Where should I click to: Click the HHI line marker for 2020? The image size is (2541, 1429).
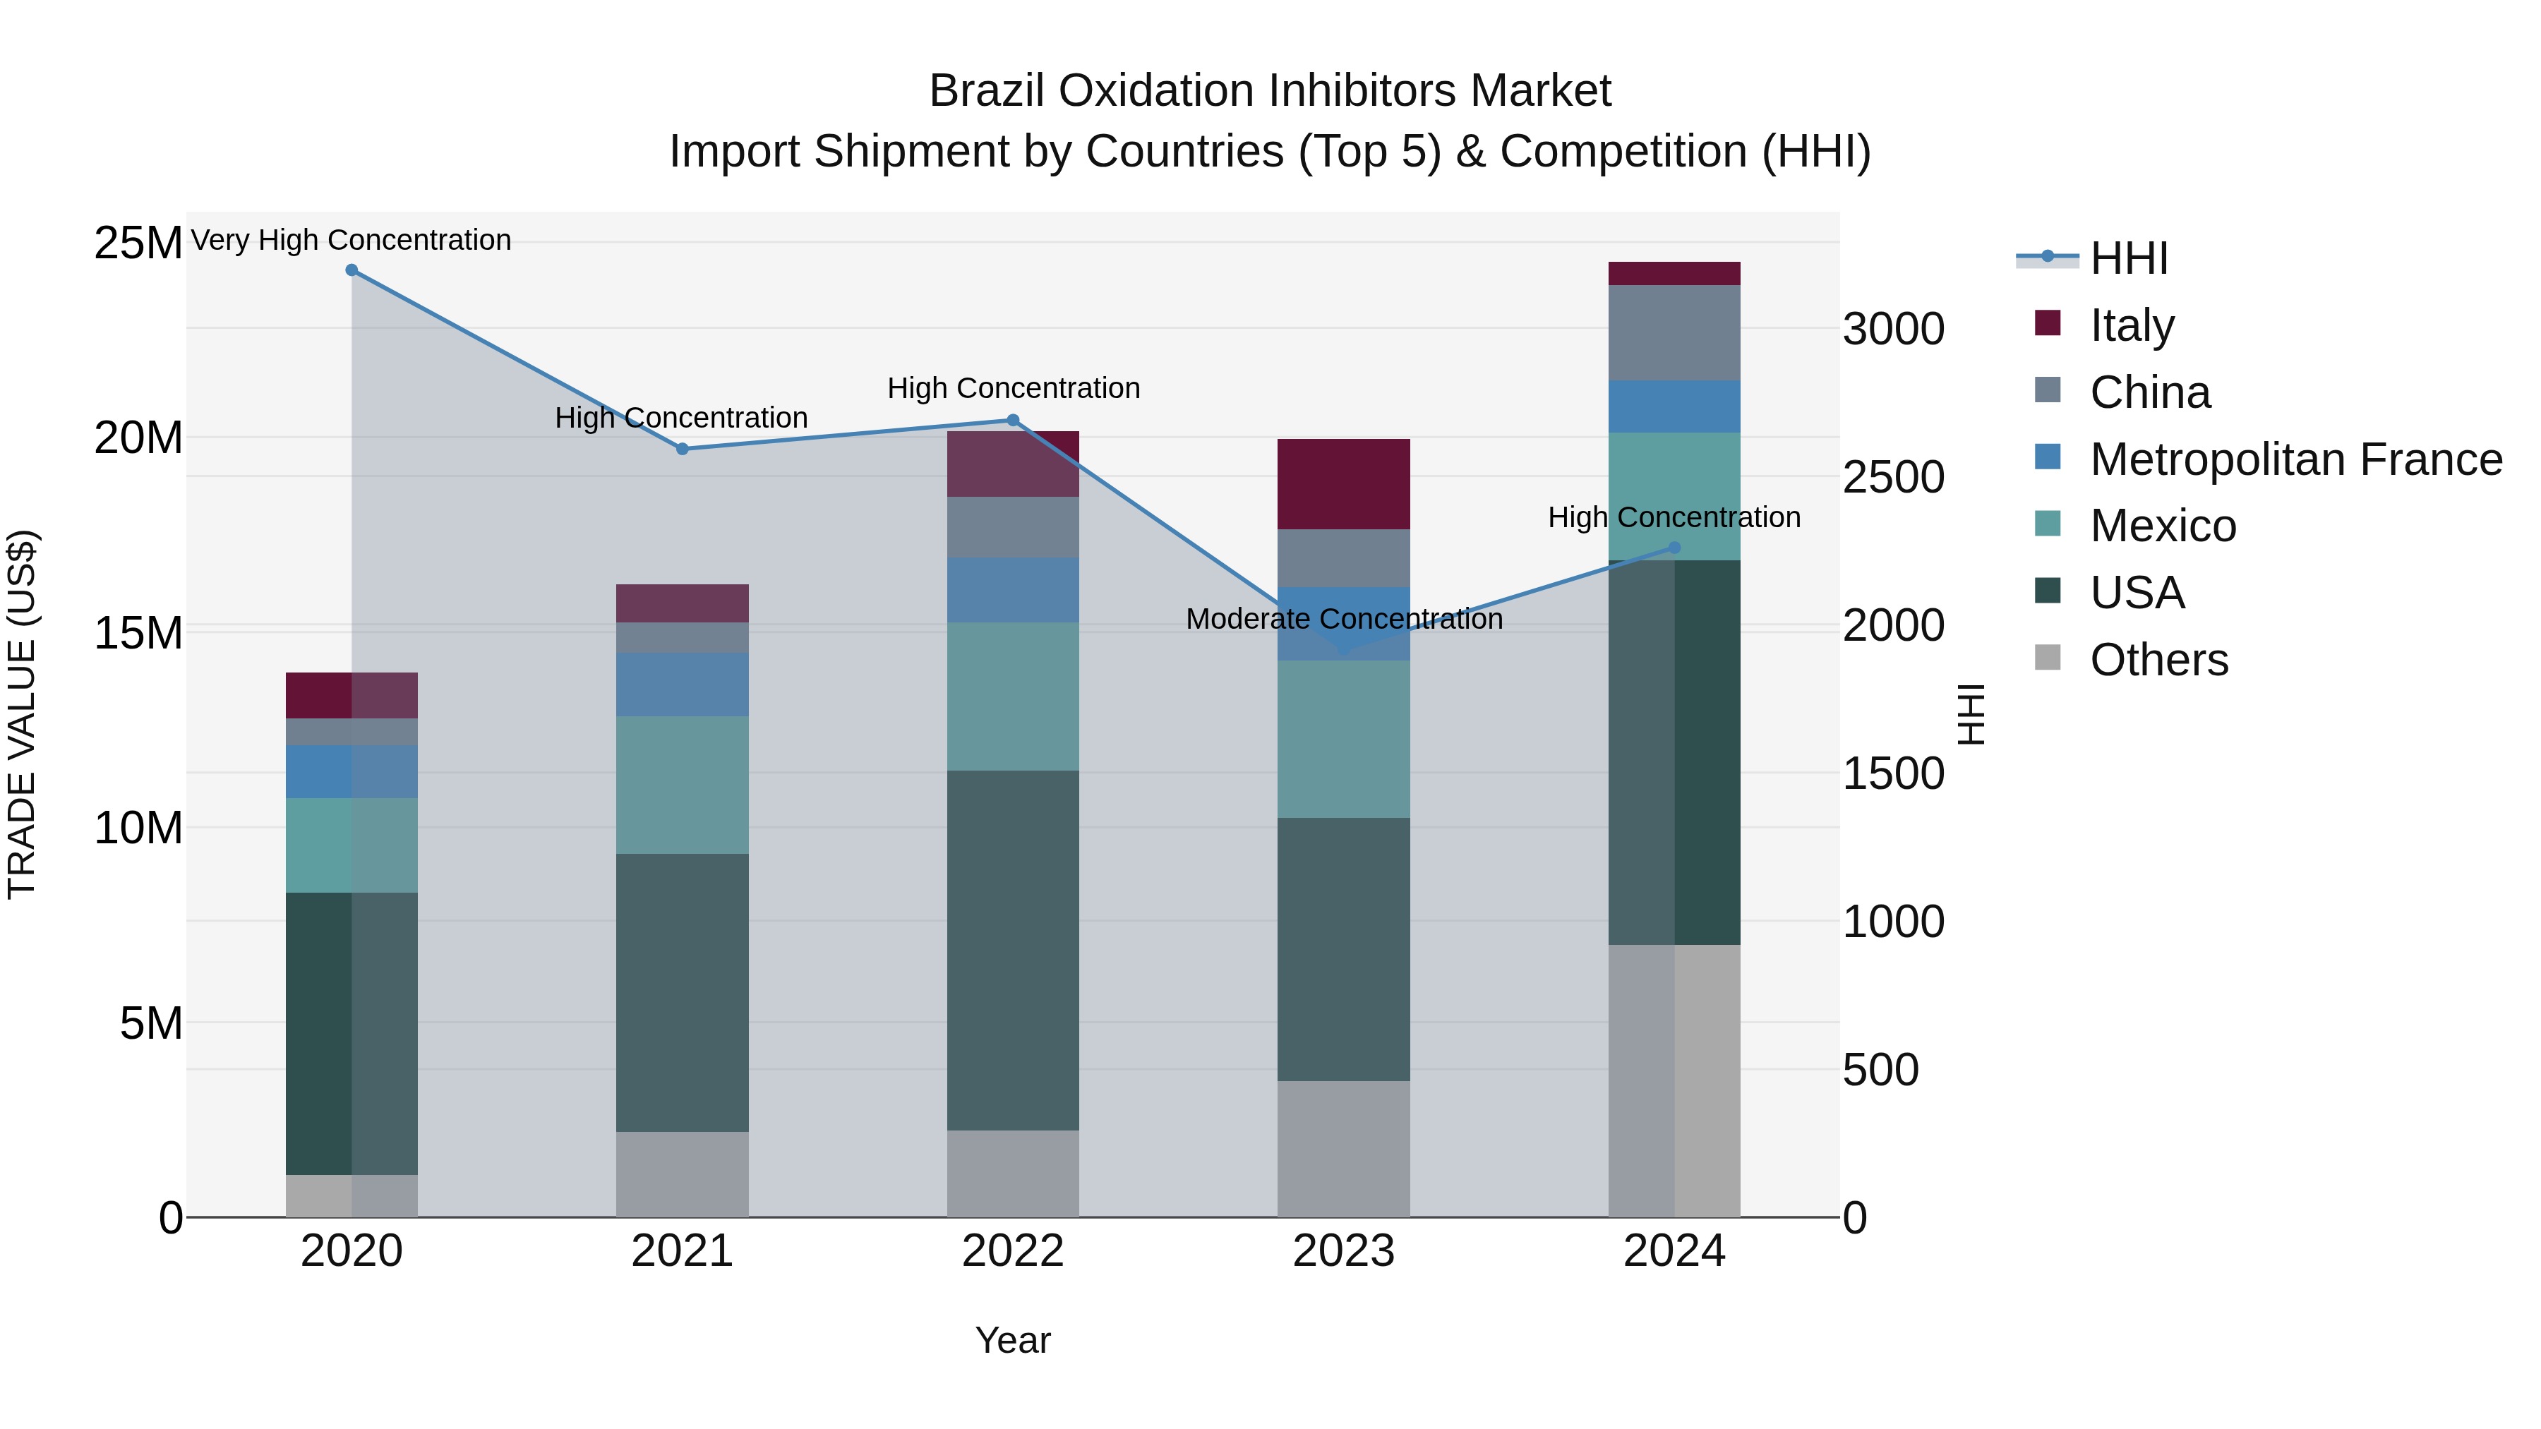point(352,270)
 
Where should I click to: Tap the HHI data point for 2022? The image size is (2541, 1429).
point(1012,420)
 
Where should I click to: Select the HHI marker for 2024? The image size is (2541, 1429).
point(1674,548)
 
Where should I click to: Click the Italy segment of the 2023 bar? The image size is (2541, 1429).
point(1343,484)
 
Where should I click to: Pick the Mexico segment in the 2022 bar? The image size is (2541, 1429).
point(1012,697)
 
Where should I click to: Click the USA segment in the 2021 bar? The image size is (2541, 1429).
point(682,991)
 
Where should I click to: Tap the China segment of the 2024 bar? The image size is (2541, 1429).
point(1674,332)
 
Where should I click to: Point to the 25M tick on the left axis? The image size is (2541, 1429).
point(138,243)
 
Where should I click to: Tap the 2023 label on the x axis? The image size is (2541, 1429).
point(1343,1251)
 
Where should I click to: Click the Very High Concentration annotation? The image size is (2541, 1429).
point(352,240)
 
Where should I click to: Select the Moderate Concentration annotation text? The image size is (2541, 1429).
point(1343,620)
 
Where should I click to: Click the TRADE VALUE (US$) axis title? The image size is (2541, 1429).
point(22,714)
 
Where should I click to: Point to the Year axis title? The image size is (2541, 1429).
point(1012,1340)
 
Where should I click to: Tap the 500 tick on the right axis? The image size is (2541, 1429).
point(1880,1070)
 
